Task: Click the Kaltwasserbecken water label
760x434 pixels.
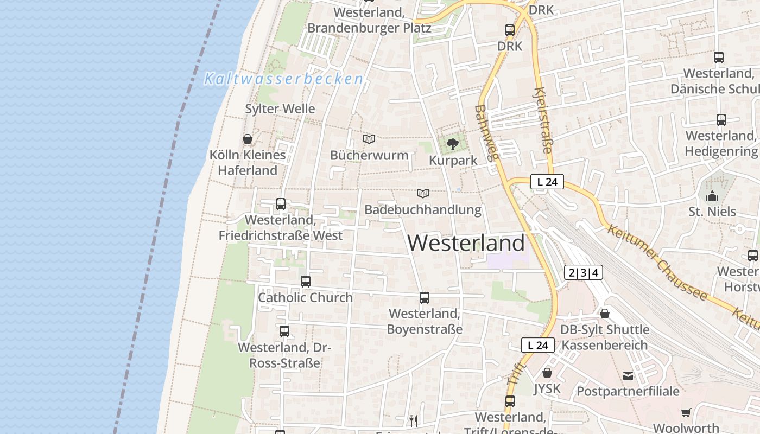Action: coord(283,79)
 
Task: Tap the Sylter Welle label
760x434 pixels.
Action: coord(280,108)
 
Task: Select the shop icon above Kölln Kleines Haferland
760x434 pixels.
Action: coord(248,139)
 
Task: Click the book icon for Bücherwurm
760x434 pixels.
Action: coord(369,139)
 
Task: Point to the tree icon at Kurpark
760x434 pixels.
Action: coord(452,144)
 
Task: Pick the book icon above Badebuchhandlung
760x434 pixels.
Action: coord(423,193)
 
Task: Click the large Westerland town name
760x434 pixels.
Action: coord(466,242)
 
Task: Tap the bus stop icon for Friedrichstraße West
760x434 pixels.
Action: coord(281,204)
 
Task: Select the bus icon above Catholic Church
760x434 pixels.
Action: coord(306,282)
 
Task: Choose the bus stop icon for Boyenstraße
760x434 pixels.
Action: coord(425,298)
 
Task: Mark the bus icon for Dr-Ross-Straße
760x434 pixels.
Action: coord(284,331)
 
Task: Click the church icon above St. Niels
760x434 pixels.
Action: coord(712,195)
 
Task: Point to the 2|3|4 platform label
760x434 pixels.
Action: coord(584,272)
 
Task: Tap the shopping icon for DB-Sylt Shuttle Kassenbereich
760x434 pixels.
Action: coord(605,314)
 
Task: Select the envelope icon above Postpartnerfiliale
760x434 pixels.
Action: coord(628,375)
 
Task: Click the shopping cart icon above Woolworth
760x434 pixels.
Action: coord(686,412)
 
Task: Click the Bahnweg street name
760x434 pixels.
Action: coord(486,133)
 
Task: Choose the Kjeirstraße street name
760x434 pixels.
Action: coord(543,120)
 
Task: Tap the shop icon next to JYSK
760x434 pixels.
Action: coord(547,373)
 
